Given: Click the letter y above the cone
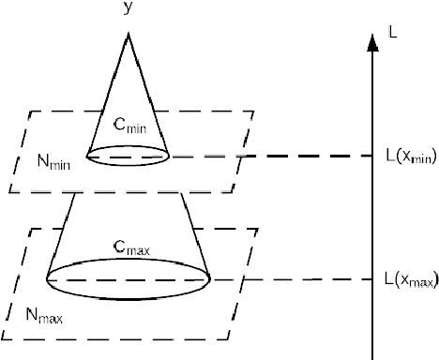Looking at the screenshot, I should tap(126, 8).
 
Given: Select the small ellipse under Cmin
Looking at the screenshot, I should tap(128, 156).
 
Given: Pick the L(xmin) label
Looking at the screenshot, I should tap(410, 157).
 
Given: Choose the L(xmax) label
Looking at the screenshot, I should tap(411, 278).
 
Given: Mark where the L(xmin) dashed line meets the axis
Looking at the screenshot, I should tap(373, 157).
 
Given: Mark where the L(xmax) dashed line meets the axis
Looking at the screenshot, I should tap(373, 278).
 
